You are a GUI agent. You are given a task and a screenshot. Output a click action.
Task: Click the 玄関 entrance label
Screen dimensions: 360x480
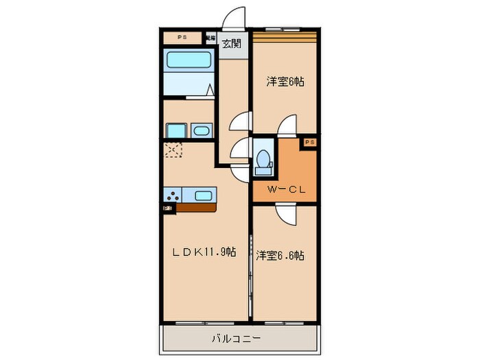tap(232, 44)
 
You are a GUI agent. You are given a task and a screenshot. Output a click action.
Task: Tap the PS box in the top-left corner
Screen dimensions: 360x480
tap(182, 37)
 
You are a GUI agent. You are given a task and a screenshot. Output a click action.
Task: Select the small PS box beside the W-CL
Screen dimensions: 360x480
tap(309, 142)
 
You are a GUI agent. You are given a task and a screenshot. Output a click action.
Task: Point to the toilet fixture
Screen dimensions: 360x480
tap(262, 160)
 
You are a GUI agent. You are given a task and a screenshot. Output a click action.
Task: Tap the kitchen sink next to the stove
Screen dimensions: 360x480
tap(204, 195)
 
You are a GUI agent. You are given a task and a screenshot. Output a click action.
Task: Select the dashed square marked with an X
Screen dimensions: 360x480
tap(173, 149)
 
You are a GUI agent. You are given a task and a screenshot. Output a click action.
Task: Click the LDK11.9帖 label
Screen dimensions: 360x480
tap(205, 252)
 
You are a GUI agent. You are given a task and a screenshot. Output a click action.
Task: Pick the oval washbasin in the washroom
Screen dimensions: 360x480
tap(202, 131)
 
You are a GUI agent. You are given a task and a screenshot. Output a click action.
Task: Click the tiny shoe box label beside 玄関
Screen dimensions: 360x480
tap(211, 38)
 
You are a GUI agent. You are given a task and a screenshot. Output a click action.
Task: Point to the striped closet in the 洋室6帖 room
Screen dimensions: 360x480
tap(285, 34)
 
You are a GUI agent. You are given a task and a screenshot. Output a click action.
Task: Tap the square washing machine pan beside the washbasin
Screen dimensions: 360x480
tap(176, 131)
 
